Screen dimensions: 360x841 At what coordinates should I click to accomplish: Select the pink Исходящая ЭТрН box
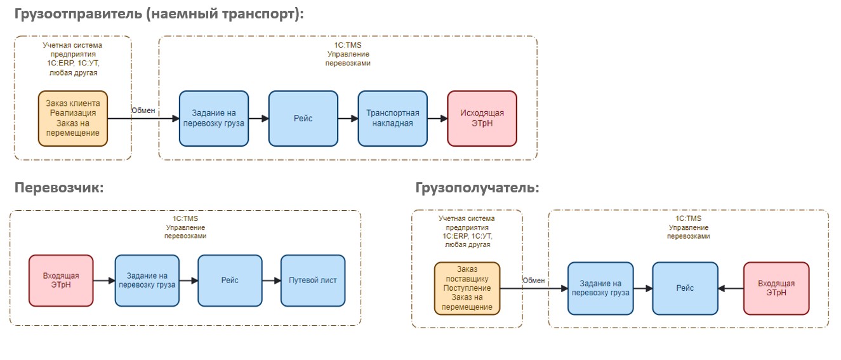click(482, 118)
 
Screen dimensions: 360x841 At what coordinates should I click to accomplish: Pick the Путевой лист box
click(313, 281)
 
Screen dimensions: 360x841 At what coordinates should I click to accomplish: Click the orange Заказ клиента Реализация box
click(73, 118)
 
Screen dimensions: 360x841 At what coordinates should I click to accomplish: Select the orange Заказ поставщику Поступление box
click(467, 288)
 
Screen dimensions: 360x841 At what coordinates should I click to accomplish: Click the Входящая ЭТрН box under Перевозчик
click(61, 281)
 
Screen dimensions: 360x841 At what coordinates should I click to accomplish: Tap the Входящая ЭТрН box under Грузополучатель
click(776, 288)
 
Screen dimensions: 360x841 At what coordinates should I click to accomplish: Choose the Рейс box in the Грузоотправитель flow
click(303, 118)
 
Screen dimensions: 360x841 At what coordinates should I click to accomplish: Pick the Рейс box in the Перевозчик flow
click(230, 281)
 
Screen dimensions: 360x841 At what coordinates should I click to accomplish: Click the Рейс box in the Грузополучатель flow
click(685, 288)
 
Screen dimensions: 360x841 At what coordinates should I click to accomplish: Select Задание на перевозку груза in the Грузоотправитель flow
click(214, 118)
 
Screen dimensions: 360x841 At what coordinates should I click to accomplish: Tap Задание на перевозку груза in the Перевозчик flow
click(147, 281)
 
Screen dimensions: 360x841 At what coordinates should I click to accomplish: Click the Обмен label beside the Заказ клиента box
click(143, 110)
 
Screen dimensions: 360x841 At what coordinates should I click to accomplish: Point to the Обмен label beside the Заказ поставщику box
click(533, 281)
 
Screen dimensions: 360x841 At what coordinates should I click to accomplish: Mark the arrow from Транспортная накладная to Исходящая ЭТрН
click(437, 118)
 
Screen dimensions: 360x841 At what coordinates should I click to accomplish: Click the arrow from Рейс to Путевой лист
click(271, 281)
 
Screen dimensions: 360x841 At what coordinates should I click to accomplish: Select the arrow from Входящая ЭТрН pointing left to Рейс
click(731, 288)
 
